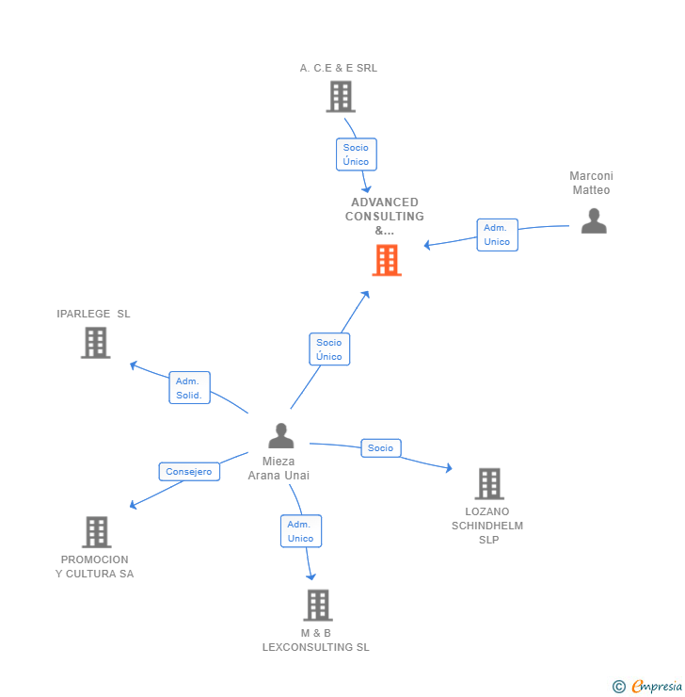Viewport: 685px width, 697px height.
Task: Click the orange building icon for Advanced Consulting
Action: tap(387, 261)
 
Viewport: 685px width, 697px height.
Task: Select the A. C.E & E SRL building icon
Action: tap(340, 96)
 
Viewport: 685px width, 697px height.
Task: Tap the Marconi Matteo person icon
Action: tap(593, 220)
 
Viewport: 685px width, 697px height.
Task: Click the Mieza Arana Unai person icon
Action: tap(280, 436)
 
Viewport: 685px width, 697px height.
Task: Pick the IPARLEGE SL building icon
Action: tap(95, 343)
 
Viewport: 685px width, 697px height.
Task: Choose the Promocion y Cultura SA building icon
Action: tap(96, 532)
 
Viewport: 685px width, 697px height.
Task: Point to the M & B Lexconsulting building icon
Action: tap(318, 605)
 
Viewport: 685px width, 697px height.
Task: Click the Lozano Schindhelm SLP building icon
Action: tap(488, 483)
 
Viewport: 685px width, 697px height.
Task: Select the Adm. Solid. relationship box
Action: tap(189, 388)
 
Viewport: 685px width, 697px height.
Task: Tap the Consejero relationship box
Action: tap(189, 472)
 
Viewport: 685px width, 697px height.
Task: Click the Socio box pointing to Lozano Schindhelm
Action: tap(380, 448)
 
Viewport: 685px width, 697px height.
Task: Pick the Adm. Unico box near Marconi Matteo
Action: tap(497, 235)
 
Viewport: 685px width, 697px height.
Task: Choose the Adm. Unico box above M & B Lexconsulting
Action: tap(300, 531)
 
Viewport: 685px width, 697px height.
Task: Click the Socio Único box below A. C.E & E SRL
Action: tap(356, 154)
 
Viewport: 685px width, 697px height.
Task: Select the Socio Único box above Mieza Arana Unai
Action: tap(329, 349)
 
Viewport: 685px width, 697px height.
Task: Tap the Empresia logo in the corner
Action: tap(647, 686)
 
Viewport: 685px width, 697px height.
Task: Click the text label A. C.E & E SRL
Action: tap(339, 68)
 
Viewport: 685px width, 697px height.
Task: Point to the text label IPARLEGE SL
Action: tap(93, 314)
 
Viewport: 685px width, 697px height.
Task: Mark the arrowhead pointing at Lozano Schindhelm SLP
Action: tap(449, 468)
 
